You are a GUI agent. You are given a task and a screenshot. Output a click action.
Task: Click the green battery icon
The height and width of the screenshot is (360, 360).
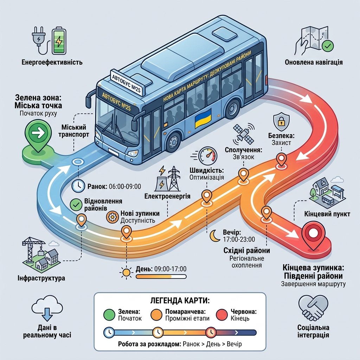(59, 41)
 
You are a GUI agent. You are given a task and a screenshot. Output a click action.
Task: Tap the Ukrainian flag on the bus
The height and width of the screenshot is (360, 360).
(203, 118)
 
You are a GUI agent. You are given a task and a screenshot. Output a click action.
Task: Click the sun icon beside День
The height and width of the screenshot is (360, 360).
(126, 272)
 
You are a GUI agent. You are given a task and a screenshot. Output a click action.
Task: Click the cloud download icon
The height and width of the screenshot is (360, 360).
(47, 308)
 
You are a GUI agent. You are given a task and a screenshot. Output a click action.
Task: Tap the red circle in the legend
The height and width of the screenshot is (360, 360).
(222, 315)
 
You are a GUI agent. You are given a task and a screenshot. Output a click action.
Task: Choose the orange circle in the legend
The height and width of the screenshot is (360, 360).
(157, 315)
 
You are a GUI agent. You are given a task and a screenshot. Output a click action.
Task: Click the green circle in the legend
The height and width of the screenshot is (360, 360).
(109, 315)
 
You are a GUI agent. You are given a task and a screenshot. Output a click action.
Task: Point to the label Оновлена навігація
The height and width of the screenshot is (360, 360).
(314, 62)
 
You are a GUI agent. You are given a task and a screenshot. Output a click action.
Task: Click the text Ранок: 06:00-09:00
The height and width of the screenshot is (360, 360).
(114, 186)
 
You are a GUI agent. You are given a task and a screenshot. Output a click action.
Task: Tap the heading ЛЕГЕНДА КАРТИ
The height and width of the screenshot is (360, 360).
(180, 301)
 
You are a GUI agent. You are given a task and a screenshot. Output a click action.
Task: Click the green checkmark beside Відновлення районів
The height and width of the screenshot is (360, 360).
(76, 205)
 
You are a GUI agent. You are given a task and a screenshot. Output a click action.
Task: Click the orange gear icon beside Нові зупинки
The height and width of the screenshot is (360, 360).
(112, 217)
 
